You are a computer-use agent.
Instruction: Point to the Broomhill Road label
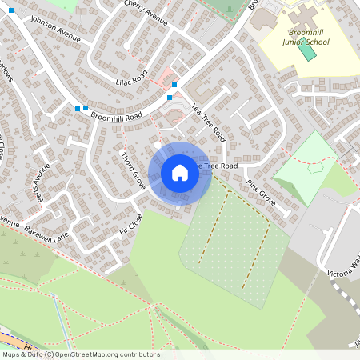click(116, 116)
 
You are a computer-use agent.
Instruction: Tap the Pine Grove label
click(262, 193)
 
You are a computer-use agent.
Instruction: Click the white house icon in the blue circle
click(180, 173)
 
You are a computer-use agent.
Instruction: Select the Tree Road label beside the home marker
click(219, 166)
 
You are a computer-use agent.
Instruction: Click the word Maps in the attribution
click(12, 354)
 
